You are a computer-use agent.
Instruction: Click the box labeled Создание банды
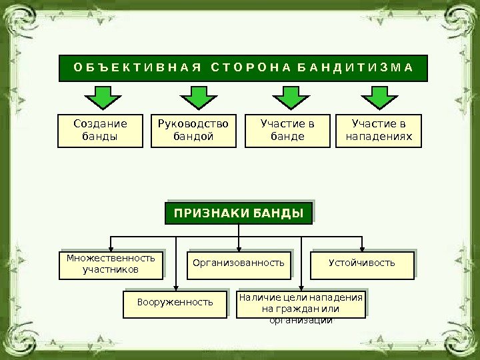click(100, 131)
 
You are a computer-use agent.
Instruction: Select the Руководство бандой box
click(193, 131)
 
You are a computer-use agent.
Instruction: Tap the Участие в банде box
click(287, 131)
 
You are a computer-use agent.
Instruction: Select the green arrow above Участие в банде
click(289, 97)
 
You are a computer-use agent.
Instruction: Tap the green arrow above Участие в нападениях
click(380, 97)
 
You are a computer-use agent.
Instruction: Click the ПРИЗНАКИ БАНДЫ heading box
click(239, 213)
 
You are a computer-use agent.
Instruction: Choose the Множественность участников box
click(111, 263)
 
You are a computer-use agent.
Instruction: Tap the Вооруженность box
click(175, 303)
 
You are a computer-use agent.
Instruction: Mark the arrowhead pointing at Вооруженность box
click(175, 287)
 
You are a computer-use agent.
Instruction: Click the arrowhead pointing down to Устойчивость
click(362, 247)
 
